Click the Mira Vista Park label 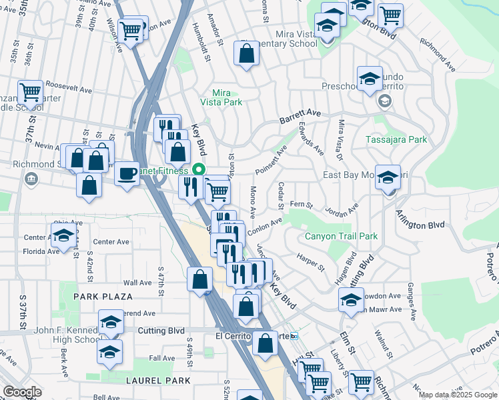click(x=221, y=97)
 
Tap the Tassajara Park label click(x=396, y=140)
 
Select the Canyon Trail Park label click(x=342, y=236)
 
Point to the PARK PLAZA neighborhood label click(x=103, y=296)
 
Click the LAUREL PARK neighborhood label click(x=158, y=381)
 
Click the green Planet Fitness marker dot click(x=197, y=170)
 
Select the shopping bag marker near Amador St click(x=246, y=53)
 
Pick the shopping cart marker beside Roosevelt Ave click(x=30, y=91)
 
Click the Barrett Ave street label click(x=300, y=115)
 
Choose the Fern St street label click(x=301, y=204)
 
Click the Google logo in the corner click(x=22, y=392)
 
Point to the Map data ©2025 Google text click(x=458, y=395)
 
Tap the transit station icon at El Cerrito click(x=294, y=337)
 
